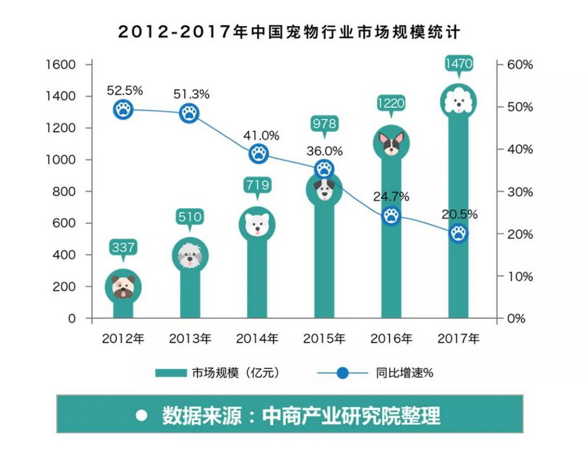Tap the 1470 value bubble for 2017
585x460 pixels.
pyautogui.click(x=459, y=64)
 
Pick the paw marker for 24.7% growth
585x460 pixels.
pyautogui.click(x=391, y=216)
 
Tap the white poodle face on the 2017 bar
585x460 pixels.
pyautogui.click(x=459, y=101)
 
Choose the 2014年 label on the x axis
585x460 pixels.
pyautogui.click(x=257, y=339)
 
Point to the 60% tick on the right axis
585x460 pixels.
pyautogui.click(x=519, y=64)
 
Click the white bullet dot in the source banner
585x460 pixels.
pyautogui.click(x=140, y=415)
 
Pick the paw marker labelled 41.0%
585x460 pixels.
pyautogui.click(x=259, y=154)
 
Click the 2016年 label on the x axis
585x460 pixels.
pyautogui.click(x=391, y=339)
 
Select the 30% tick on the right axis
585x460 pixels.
pyautogui.click(x=519, y=192)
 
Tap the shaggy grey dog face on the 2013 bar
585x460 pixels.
pyautogui.click(x=190, y=255)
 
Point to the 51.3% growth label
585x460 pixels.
pyautogui.click(x=192, y=94)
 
